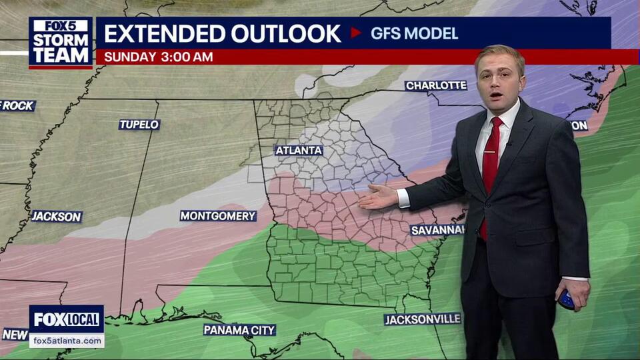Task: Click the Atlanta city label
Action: [x=299, y=151]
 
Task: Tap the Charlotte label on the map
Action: [x=436, y=85]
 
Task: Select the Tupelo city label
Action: [x=139, y=125]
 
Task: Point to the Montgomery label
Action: [x=218, y=216]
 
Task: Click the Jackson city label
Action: [x=57, y=217]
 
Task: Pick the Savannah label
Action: [x=437, y=230]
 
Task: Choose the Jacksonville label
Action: [x=422, y=319]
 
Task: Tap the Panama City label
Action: [x=239, y=330]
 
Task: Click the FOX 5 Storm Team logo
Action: [x=61, y=42]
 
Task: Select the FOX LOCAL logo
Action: [x=67, y=319]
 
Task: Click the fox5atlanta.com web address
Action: [x=67, y=341]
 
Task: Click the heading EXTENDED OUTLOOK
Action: [x=223, y=33]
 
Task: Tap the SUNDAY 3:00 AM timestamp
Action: [x=159, y=57]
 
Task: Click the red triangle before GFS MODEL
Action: [x=355, y=33]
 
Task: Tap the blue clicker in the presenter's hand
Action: [x=566, y=299]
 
